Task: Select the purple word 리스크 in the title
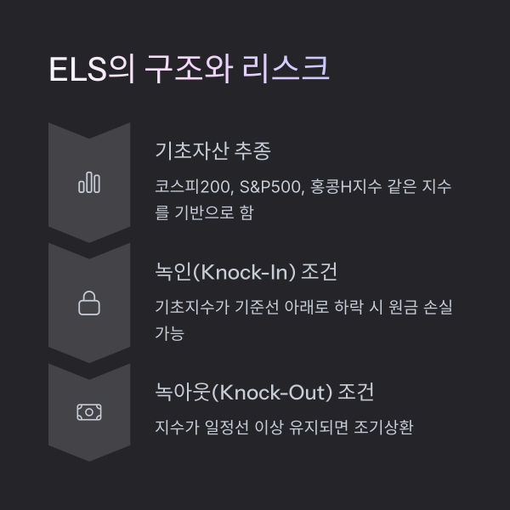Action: pyautogui.click(x=286, y=69)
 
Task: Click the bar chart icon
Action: pyautogui.click(x=89, y=183)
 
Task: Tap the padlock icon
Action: pyautogui.click(x=89, y=303)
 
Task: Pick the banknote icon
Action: pyautogui.click(x=89, y=412)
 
